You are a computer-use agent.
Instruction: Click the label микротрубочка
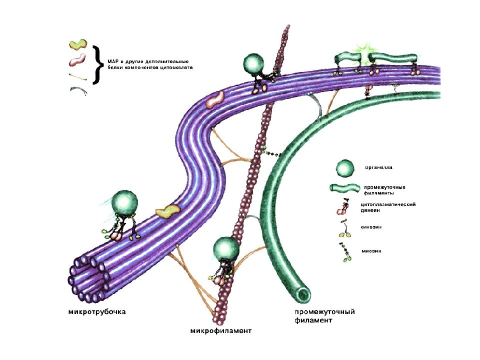(96, 312)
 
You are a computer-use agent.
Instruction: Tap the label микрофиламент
(220, 331)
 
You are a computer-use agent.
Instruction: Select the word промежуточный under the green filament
(324, 312)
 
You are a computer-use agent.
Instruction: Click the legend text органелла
(378, 168)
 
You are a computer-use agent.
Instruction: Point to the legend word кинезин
(371, 227)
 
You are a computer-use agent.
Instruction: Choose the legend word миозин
(371, 251)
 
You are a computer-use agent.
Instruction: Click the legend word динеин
(370, 210)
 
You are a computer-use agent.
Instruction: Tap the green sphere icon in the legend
(345, 168)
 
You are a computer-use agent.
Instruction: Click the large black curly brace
(97, 64)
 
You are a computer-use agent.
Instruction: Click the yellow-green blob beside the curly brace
(78, 44)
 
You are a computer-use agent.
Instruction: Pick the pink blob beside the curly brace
(77, 60)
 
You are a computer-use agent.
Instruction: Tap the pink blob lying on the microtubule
(215, 99)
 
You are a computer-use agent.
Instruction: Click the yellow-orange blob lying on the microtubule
(167, 211)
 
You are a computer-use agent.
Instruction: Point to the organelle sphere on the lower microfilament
(226, 249)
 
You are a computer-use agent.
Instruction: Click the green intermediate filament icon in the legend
(344, 188)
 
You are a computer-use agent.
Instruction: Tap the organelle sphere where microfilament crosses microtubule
(253, 64)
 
